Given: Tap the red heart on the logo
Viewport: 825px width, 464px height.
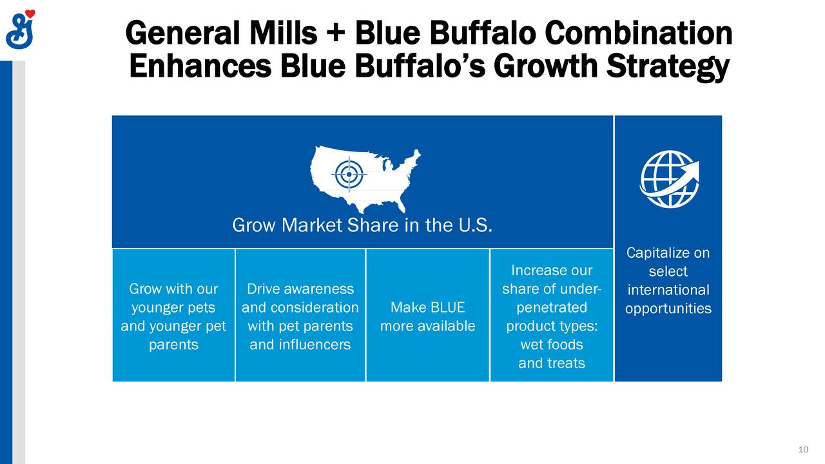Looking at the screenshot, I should (30, 15).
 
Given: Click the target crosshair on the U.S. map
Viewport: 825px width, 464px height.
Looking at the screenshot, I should (349, 174).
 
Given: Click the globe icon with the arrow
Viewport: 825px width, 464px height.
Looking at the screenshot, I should (668, 179).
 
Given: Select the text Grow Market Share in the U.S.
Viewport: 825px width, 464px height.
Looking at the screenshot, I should (362, 226).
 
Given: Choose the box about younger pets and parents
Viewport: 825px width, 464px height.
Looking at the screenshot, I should (173, 316).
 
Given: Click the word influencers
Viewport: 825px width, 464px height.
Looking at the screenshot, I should (300, 345).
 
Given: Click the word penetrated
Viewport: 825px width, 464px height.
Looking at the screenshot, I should (551, 307).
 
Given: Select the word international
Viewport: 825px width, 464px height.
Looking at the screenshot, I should (668, 290).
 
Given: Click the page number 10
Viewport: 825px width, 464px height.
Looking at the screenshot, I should (803, 449).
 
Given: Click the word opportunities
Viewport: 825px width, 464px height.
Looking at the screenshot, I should (668, 309).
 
